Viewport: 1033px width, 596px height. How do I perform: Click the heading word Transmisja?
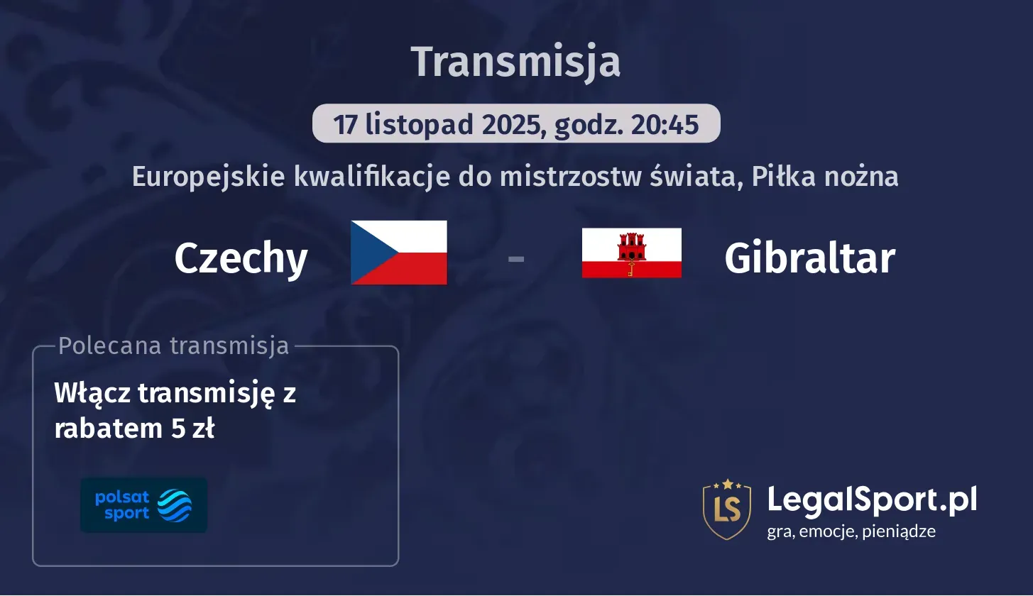click(515, 62)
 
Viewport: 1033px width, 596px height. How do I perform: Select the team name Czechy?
click(241, 258)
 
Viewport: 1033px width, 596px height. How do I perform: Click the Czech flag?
click(399, 253)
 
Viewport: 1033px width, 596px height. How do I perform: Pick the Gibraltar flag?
click(631, 253)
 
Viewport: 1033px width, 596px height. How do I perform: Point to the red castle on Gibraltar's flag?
click(631, 248)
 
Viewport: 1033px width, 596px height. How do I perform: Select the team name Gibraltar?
click(809, 258)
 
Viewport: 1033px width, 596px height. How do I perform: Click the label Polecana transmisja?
click(174, 346)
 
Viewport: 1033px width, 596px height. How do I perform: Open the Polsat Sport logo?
click(143, 505)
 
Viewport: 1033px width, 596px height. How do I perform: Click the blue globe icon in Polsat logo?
click(174, 505)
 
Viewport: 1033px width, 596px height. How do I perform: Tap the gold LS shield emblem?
click(726, 508)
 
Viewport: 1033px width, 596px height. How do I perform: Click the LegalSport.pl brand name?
click(872, 500)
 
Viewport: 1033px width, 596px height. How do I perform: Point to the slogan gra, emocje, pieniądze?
click(851, 531)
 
